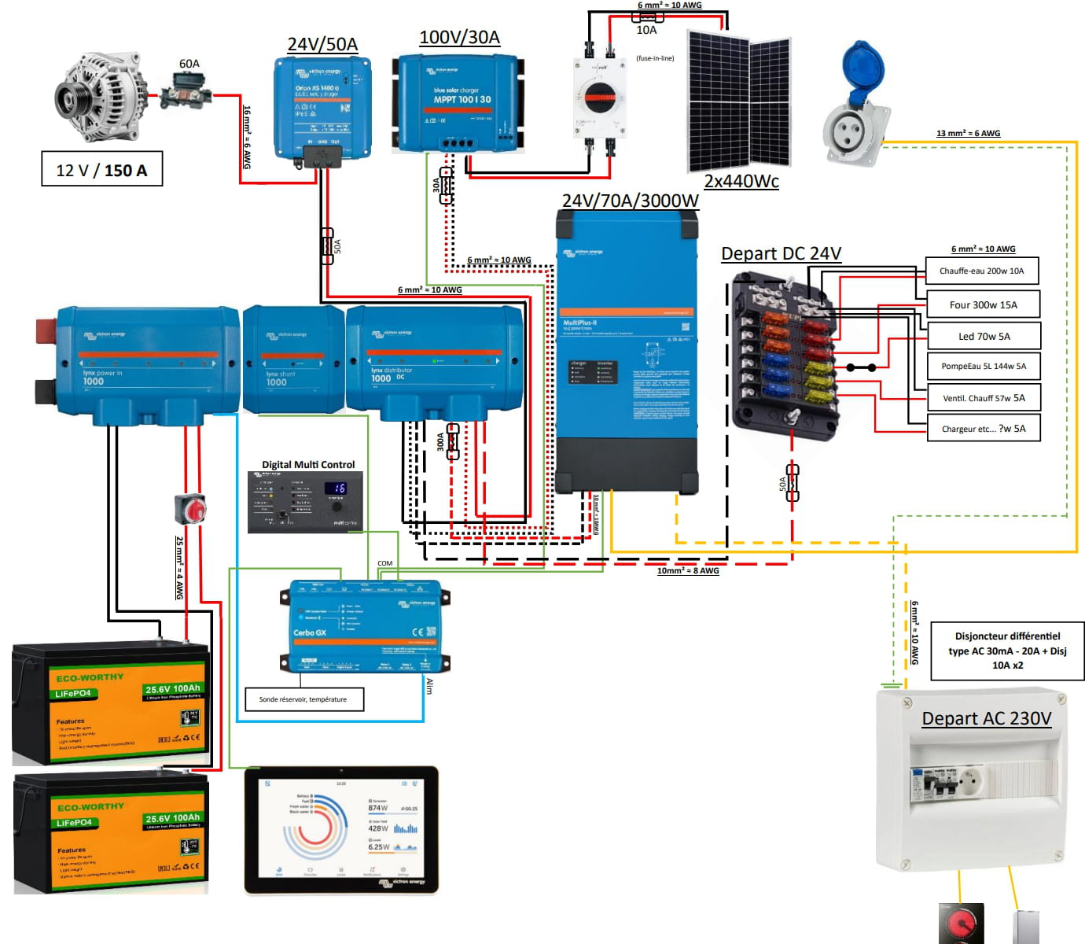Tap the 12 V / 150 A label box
pos(101,170)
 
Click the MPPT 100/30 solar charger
pos(460,102)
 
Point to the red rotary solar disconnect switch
pos(600,98)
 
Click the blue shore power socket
pos(857,106)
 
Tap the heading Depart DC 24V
pos(781,254)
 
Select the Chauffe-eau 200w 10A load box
pos(981,271)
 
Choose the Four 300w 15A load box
pos(983,304)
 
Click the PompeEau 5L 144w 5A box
pos(984,366)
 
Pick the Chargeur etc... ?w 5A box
pos(984,429)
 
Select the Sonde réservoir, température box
pos(303,699)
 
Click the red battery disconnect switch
pos(190,509)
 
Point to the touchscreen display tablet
pos(341,830)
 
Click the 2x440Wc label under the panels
pos(741,182)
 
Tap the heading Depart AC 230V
pos(986,718)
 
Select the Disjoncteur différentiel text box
pos(1007,651)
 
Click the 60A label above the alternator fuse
pos(189,64)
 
